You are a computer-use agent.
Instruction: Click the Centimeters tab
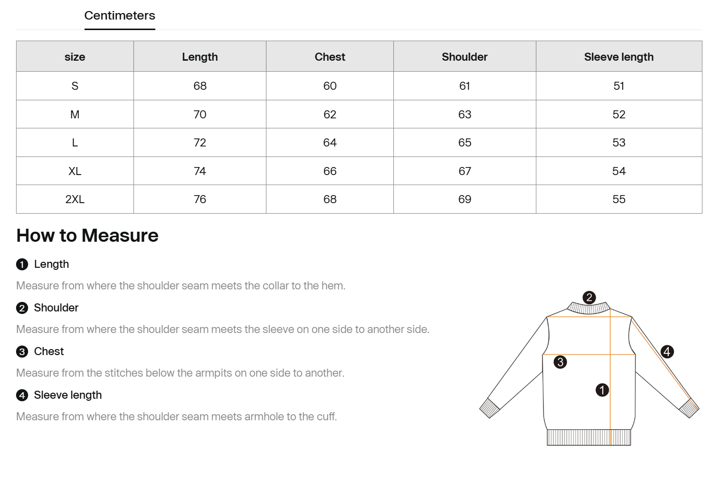(119, 16)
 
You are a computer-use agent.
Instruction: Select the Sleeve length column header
(619, 57)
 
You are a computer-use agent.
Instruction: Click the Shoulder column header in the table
(465, 57)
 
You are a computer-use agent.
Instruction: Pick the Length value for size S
(200, 86)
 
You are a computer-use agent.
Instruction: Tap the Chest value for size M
(330, 114)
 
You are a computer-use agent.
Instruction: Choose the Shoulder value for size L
(465, 142)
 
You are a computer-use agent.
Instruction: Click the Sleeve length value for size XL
(619, 171)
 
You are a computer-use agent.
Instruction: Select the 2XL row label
(75, 199)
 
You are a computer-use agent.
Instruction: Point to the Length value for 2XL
(200, 199)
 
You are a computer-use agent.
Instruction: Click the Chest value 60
(330, 86)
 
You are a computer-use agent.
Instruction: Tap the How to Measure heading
(87, 235)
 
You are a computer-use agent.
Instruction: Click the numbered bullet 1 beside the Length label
(22, 265)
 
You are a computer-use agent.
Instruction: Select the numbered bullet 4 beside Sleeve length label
(22, 395)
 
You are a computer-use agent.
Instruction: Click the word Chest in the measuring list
(49, 352)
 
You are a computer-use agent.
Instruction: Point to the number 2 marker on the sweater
(589, 297)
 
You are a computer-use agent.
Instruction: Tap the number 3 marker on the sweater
(560, 362)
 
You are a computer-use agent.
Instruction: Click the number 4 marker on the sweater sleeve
(667, 352)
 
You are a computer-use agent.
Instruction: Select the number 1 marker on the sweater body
(602, 390)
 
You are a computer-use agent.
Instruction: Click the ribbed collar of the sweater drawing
(589, 308)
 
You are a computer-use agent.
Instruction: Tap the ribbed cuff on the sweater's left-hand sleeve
(490, 408)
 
